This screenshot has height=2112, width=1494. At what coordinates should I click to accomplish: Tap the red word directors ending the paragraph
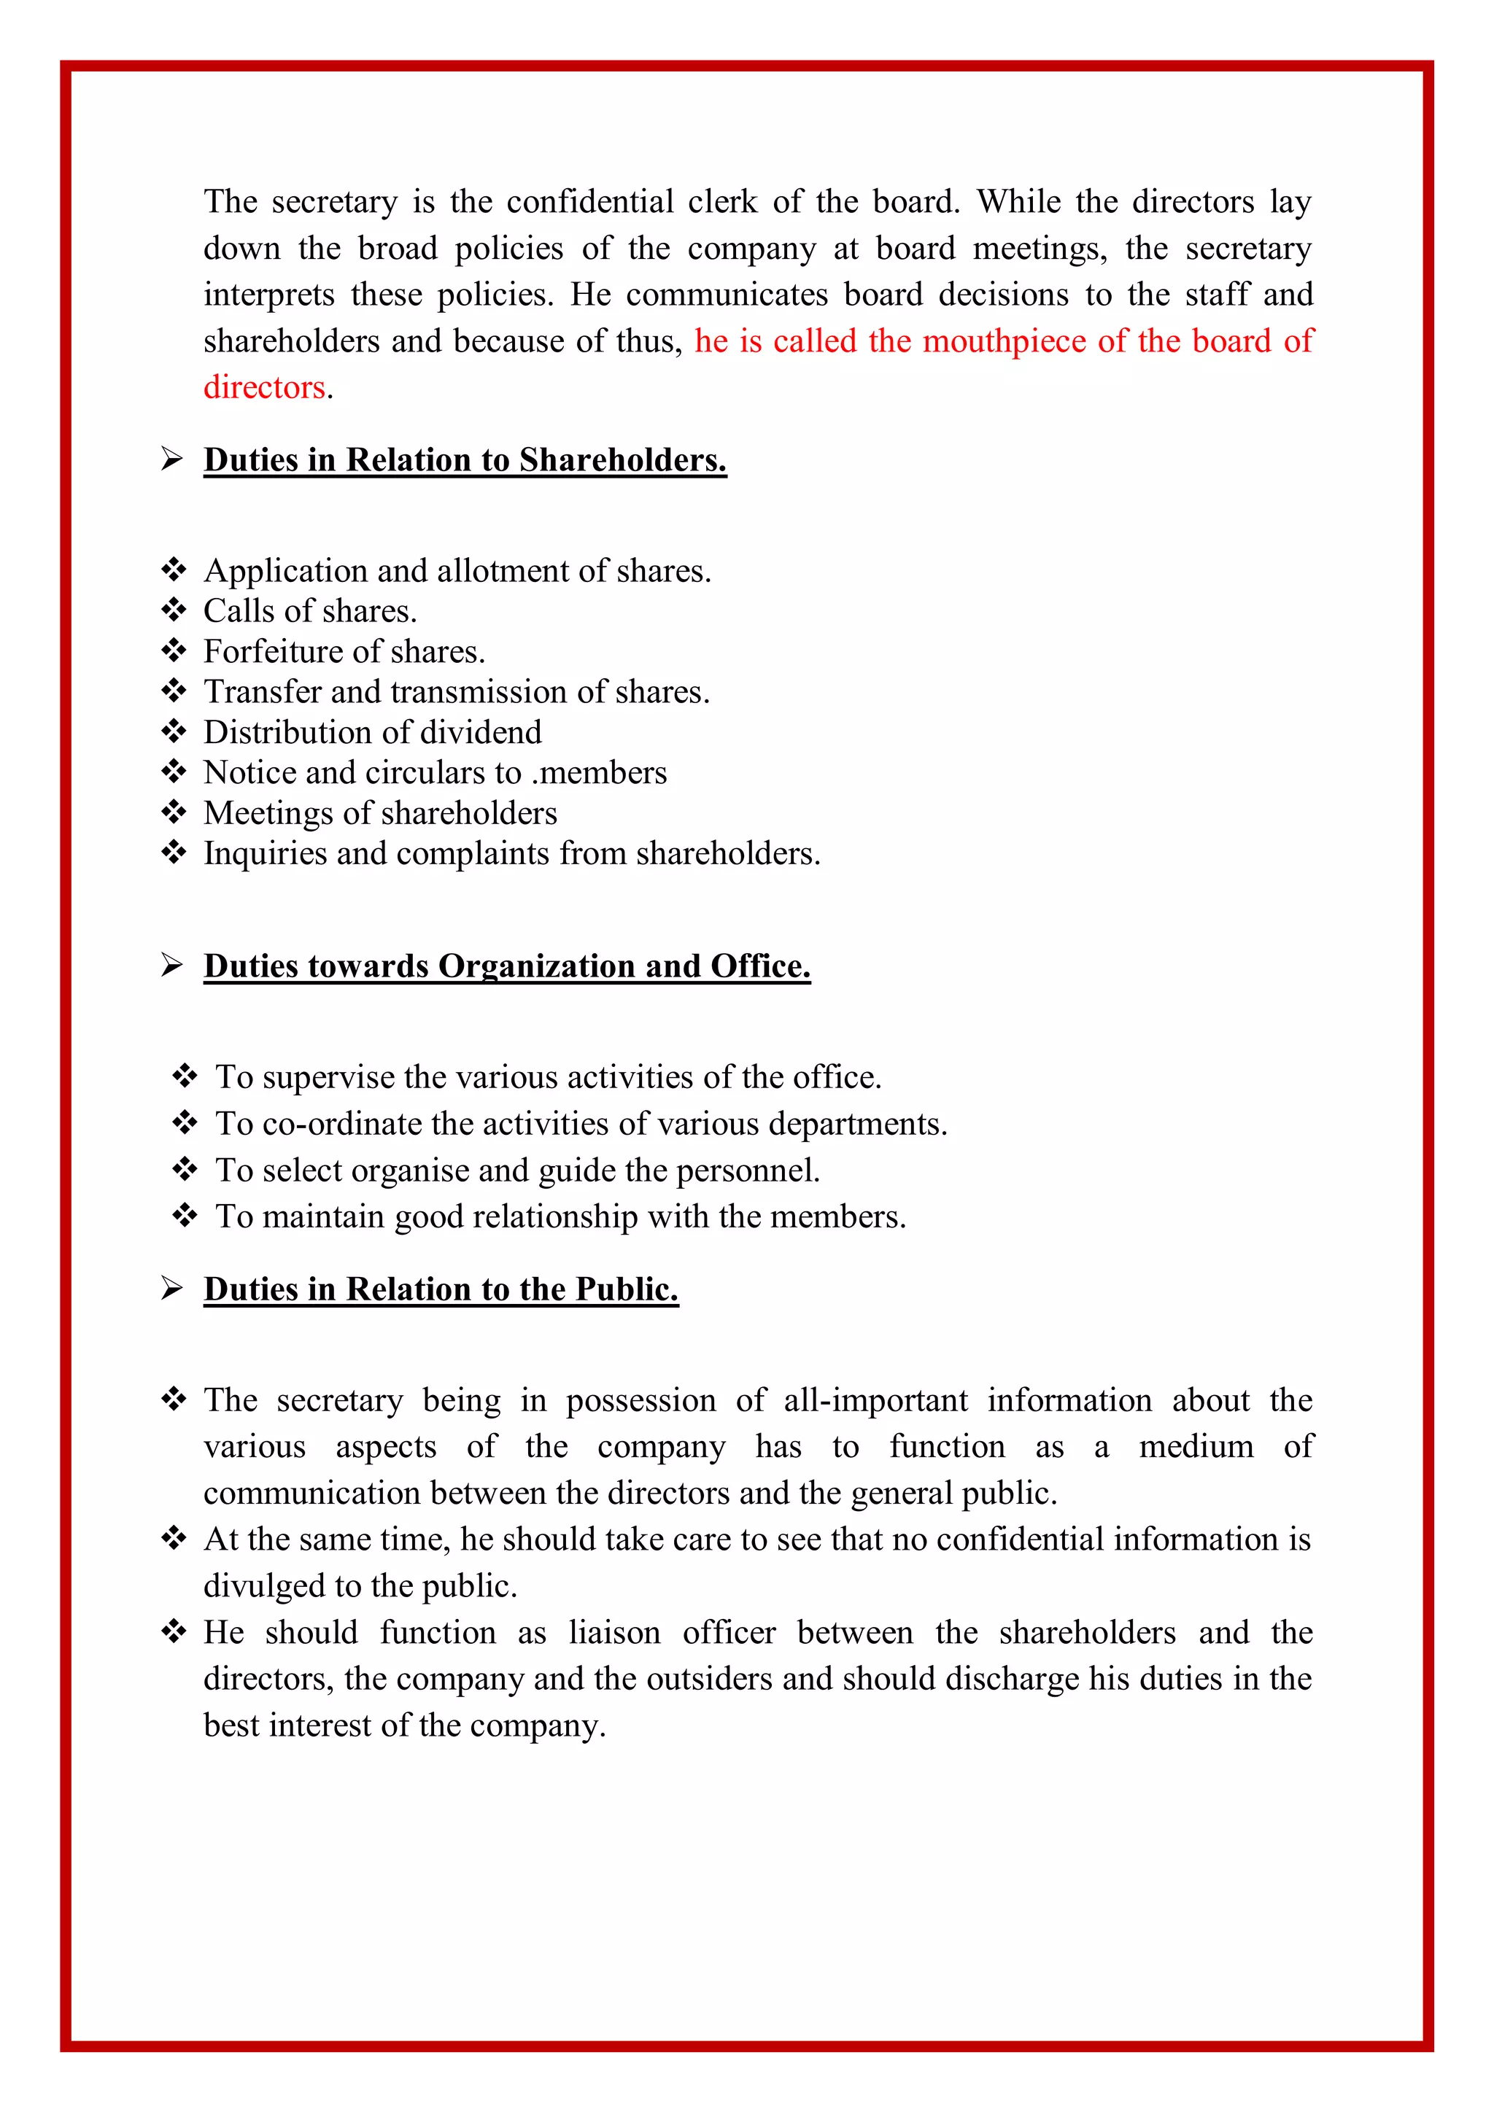(x=265, y=387)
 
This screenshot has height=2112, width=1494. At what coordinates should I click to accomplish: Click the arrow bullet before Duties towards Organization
(x=172, y=965)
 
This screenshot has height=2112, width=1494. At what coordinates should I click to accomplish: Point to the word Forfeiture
(x=263, y=651)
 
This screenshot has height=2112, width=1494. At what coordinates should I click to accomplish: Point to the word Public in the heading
(x=627, y=1289)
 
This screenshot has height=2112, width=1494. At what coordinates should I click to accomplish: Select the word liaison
(x=614, y=1633)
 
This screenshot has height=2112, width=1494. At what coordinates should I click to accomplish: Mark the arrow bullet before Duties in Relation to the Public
(x=172, y=1289)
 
